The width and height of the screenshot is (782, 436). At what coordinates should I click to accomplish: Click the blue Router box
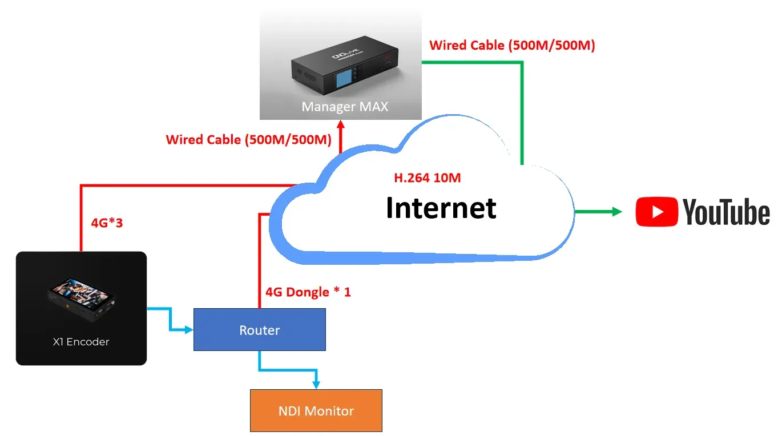coord(260,329)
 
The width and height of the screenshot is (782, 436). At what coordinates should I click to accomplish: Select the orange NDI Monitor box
coord(316,410)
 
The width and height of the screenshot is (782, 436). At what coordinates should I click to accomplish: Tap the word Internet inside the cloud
coord(441,207)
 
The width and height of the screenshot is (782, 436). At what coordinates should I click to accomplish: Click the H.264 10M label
coord(427,178)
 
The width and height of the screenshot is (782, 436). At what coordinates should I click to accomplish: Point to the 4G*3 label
coord(107,223)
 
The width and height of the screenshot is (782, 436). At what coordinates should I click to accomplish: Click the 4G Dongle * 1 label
coord(308,292)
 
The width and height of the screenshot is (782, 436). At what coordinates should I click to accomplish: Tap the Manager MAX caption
coord(345,107)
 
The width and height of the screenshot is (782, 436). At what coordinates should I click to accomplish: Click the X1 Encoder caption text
coord(81,342)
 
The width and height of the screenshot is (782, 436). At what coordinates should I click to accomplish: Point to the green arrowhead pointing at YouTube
coord(616,212)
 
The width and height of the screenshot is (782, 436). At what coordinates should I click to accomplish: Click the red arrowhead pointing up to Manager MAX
coord(341,125)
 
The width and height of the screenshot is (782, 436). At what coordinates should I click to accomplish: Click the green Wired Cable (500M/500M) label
coord(512,46)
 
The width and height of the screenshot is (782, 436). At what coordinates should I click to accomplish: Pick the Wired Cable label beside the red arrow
coord(248,139)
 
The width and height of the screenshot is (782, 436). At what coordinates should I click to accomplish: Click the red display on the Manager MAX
coord(388,57)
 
